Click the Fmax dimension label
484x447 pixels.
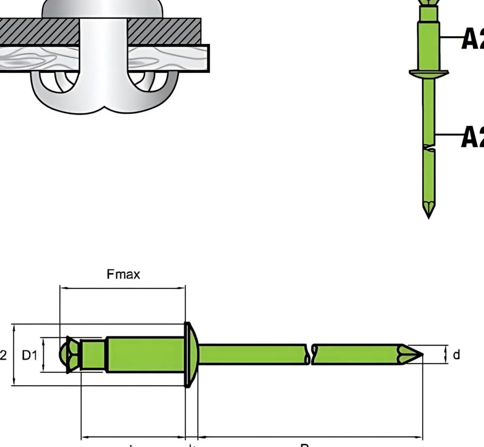(124, 275)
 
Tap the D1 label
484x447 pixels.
(30, 355)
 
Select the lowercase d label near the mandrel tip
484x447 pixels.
(456, 355)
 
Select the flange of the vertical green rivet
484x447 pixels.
(429, 73)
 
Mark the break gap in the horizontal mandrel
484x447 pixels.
(310, 355)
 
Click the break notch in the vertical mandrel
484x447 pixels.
(429, 148)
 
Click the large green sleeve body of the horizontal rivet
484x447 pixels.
(146, 355)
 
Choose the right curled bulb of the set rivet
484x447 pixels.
(154, 90)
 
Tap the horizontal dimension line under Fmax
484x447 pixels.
(123, 287)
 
